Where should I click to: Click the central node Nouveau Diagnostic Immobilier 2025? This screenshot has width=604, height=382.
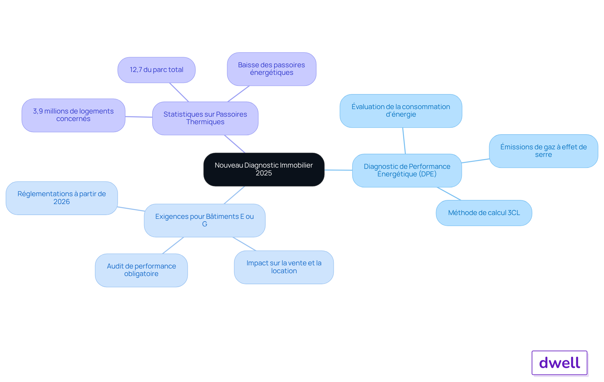click(x=264, y=169)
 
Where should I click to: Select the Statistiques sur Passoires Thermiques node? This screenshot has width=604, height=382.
click(x=205, y=118)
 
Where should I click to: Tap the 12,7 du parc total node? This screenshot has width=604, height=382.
click(x=156, y=70)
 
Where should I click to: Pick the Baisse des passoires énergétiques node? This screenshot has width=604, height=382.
click(x=271, y=69)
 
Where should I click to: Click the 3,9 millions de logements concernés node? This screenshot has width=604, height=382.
click(x=73, y=115)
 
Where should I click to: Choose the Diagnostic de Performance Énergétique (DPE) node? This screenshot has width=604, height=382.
click(x=407, y=170)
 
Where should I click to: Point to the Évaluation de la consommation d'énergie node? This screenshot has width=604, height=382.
click(x=401, y=111)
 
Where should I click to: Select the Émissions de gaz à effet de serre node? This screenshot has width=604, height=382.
click(x=543, y=151)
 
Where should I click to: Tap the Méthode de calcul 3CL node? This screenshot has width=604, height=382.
click(x=484, y=213)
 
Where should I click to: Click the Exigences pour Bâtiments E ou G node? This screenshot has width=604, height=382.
click(x=204, y=220)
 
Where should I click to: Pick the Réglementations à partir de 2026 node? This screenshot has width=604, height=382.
click(x=62, y=198)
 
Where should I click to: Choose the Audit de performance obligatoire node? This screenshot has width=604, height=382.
click(x=141, y=270)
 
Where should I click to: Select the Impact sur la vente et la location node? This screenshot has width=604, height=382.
click(x=284, y=267)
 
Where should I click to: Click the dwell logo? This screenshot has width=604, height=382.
click(x=559, y=363)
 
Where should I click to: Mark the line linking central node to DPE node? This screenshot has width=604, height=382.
click(x=338, y=170)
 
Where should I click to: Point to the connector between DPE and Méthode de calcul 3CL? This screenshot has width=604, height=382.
click(x=449, y=194)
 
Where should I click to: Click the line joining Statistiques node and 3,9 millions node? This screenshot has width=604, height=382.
click(x=139, y=117)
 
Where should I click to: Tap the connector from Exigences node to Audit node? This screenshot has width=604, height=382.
click(x=173, y=245)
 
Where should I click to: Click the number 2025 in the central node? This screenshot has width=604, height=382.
click(x=264, y=173)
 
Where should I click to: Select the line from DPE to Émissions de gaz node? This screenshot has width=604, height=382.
click(x=475, y=161)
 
